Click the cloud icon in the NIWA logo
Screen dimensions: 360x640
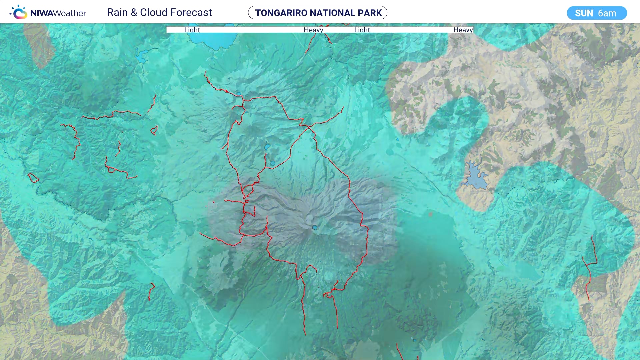(x=19, y=13)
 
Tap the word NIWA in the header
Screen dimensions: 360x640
(x=41, y=13)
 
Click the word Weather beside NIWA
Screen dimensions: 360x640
(x=70, y=13)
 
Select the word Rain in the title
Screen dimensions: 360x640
(x=117, y=13)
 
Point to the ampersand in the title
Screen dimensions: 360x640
(x=134, y=13)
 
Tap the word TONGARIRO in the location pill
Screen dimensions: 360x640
(x=281, y=13)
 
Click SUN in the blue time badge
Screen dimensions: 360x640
(x=584, y=13)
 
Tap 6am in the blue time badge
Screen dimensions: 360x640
(x=607, y=13)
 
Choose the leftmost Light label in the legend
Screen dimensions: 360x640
(x=192, y=30)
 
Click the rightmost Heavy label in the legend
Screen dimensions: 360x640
(x=463, y=30)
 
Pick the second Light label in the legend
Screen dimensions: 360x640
(x=362, y=30)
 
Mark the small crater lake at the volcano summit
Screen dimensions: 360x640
(x=315, y=228)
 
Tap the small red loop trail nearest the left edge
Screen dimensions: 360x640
(x=33, y=178)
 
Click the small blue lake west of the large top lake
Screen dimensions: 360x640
(x=141, y=57)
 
